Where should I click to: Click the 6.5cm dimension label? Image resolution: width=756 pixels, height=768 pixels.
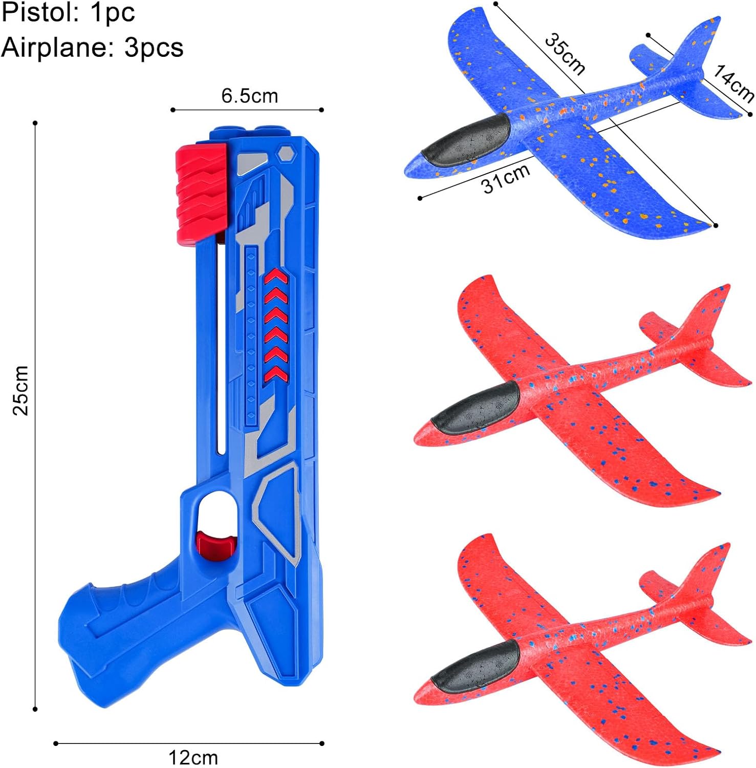pos(249,96)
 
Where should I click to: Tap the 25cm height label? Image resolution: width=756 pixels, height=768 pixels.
pos(21,390)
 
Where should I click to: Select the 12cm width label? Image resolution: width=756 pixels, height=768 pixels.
pos(193,757)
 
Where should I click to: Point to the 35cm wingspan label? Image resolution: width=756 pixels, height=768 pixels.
pos(565,54)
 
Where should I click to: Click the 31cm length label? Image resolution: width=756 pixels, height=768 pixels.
pos(506,178)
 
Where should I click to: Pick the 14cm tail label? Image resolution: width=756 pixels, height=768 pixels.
pos(733,83)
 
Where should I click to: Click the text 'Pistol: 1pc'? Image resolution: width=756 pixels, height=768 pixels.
pos(68,13)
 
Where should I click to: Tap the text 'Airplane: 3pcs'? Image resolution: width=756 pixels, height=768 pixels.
pos(92,48)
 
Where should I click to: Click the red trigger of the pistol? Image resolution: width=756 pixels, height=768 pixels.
pos(215,544)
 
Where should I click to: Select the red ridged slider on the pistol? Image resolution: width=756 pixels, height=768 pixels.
pos(201,193)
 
